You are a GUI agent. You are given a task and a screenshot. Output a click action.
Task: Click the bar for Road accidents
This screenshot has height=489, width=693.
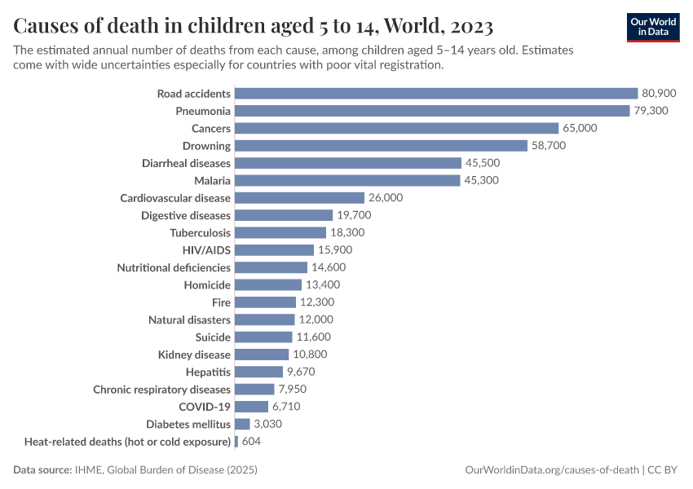[x=436, y=94]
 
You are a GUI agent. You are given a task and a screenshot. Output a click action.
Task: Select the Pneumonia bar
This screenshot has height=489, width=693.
[x=432, y=111]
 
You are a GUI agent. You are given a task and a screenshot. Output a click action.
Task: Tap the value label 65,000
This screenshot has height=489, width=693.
[x=580, y=128]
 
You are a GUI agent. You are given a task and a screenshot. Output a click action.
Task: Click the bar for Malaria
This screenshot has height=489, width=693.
[x=347, y=180]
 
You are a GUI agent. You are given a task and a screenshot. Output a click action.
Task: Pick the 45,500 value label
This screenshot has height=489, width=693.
[x=483, y=163]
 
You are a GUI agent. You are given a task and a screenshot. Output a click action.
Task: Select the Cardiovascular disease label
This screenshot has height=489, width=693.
[x=175, y=198]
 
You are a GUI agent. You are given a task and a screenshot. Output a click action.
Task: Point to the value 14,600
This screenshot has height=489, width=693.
[x=329, y=267]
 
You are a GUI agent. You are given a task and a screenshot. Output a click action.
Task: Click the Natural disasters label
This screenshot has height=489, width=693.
[x=189, y=319]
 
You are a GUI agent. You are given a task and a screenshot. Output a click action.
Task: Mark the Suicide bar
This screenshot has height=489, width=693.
[x=263, y=337]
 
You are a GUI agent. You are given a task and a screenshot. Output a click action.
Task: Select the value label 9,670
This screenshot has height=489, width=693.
[x=300, y=372]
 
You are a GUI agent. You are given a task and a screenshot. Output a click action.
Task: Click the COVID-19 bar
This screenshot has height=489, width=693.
[x=251, y=406]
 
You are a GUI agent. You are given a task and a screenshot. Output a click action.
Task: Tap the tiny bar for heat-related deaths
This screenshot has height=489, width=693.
[x=236, y=441]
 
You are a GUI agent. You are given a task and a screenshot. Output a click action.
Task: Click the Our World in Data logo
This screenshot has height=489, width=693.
[x=652, y=27]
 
